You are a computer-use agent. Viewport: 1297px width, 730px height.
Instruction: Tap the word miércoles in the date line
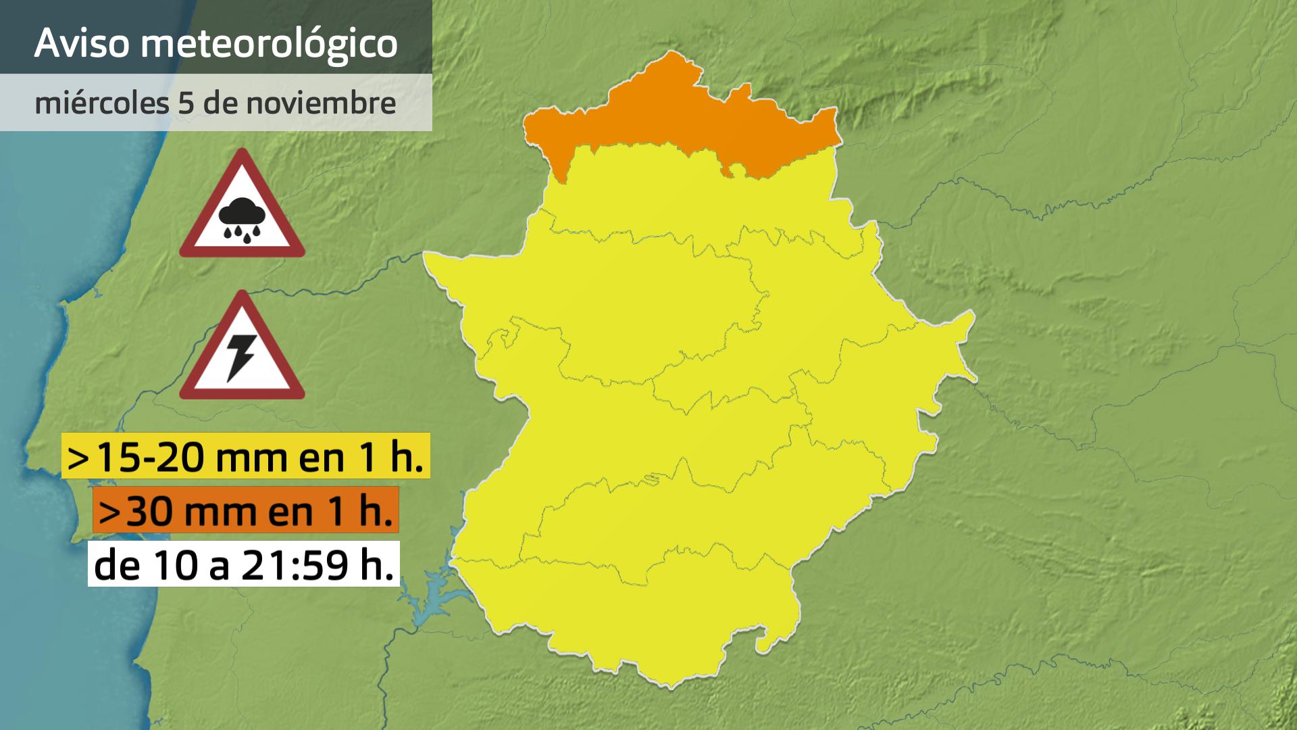tap(101, 103)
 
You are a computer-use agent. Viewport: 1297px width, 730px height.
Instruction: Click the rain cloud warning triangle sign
tap(241, 206)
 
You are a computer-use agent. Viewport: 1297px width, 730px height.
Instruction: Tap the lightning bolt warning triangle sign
tap(241, 348)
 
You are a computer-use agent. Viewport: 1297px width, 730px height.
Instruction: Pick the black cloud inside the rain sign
tap(241, 213)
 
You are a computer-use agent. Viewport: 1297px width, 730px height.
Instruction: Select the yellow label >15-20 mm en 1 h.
tap(246, 456)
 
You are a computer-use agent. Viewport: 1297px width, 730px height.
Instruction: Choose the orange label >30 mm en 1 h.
tap(246, 510)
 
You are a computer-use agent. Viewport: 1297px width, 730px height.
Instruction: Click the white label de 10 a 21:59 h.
tap(244, 564)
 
